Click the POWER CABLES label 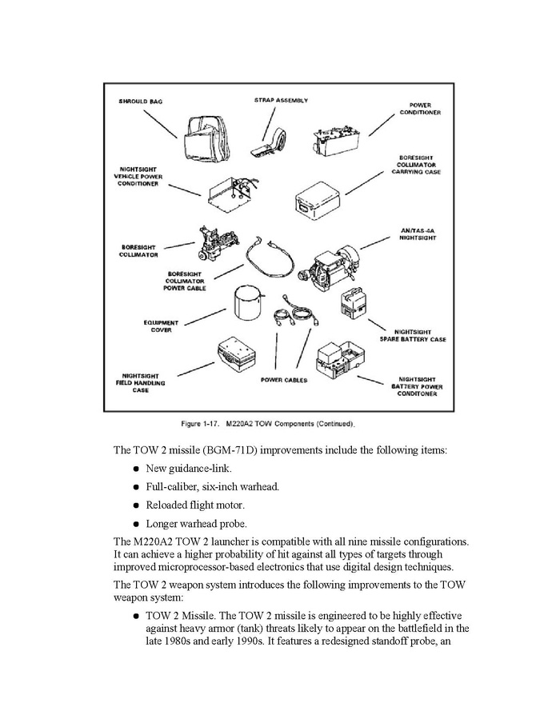click(x=284, y=380)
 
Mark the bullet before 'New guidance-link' click(x=138, y=468)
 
